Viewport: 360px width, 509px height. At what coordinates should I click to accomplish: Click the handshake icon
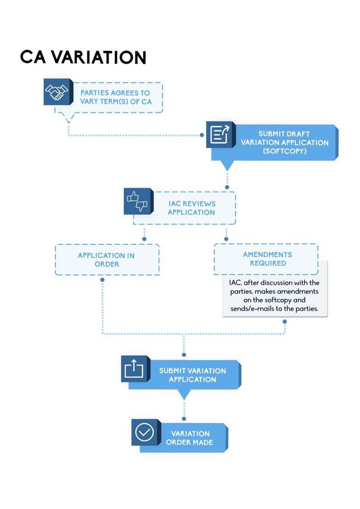[57, 92]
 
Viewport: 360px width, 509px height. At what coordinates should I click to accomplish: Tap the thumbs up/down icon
[137, 201]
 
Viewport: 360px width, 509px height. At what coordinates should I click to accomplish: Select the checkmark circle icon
[144, 432]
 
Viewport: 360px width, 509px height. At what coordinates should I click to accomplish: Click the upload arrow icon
[134, 369]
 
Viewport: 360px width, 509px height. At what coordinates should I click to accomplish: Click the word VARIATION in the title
[99, 57]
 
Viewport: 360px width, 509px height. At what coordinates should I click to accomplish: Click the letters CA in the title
[33, 57]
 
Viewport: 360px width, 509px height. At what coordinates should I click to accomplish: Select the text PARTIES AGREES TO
[115, 93]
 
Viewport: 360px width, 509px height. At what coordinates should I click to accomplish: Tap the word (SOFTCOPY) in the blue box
[285, 151]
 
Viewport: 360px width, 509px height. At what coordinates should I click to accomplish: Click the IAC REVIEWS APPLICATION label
[192, 208]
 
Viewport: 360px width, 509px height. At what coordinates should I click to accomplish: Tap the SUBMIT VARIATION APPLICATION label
[192, 375]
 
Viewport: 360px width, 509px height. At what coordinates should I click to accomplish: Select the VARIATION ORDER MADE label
[190, 438]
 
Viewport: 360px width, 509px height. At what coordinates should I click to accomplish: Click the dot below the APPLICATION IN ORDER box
[102, 280]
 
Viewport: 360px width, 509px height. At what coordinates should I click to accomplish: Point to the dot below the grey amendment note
[285, 322]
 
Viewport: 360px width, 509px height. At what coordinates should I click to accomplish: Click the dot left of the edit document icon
[202, 135]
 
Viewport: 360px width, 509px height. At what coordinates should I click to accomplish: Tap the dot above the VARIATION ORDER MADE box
[184, 419]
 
